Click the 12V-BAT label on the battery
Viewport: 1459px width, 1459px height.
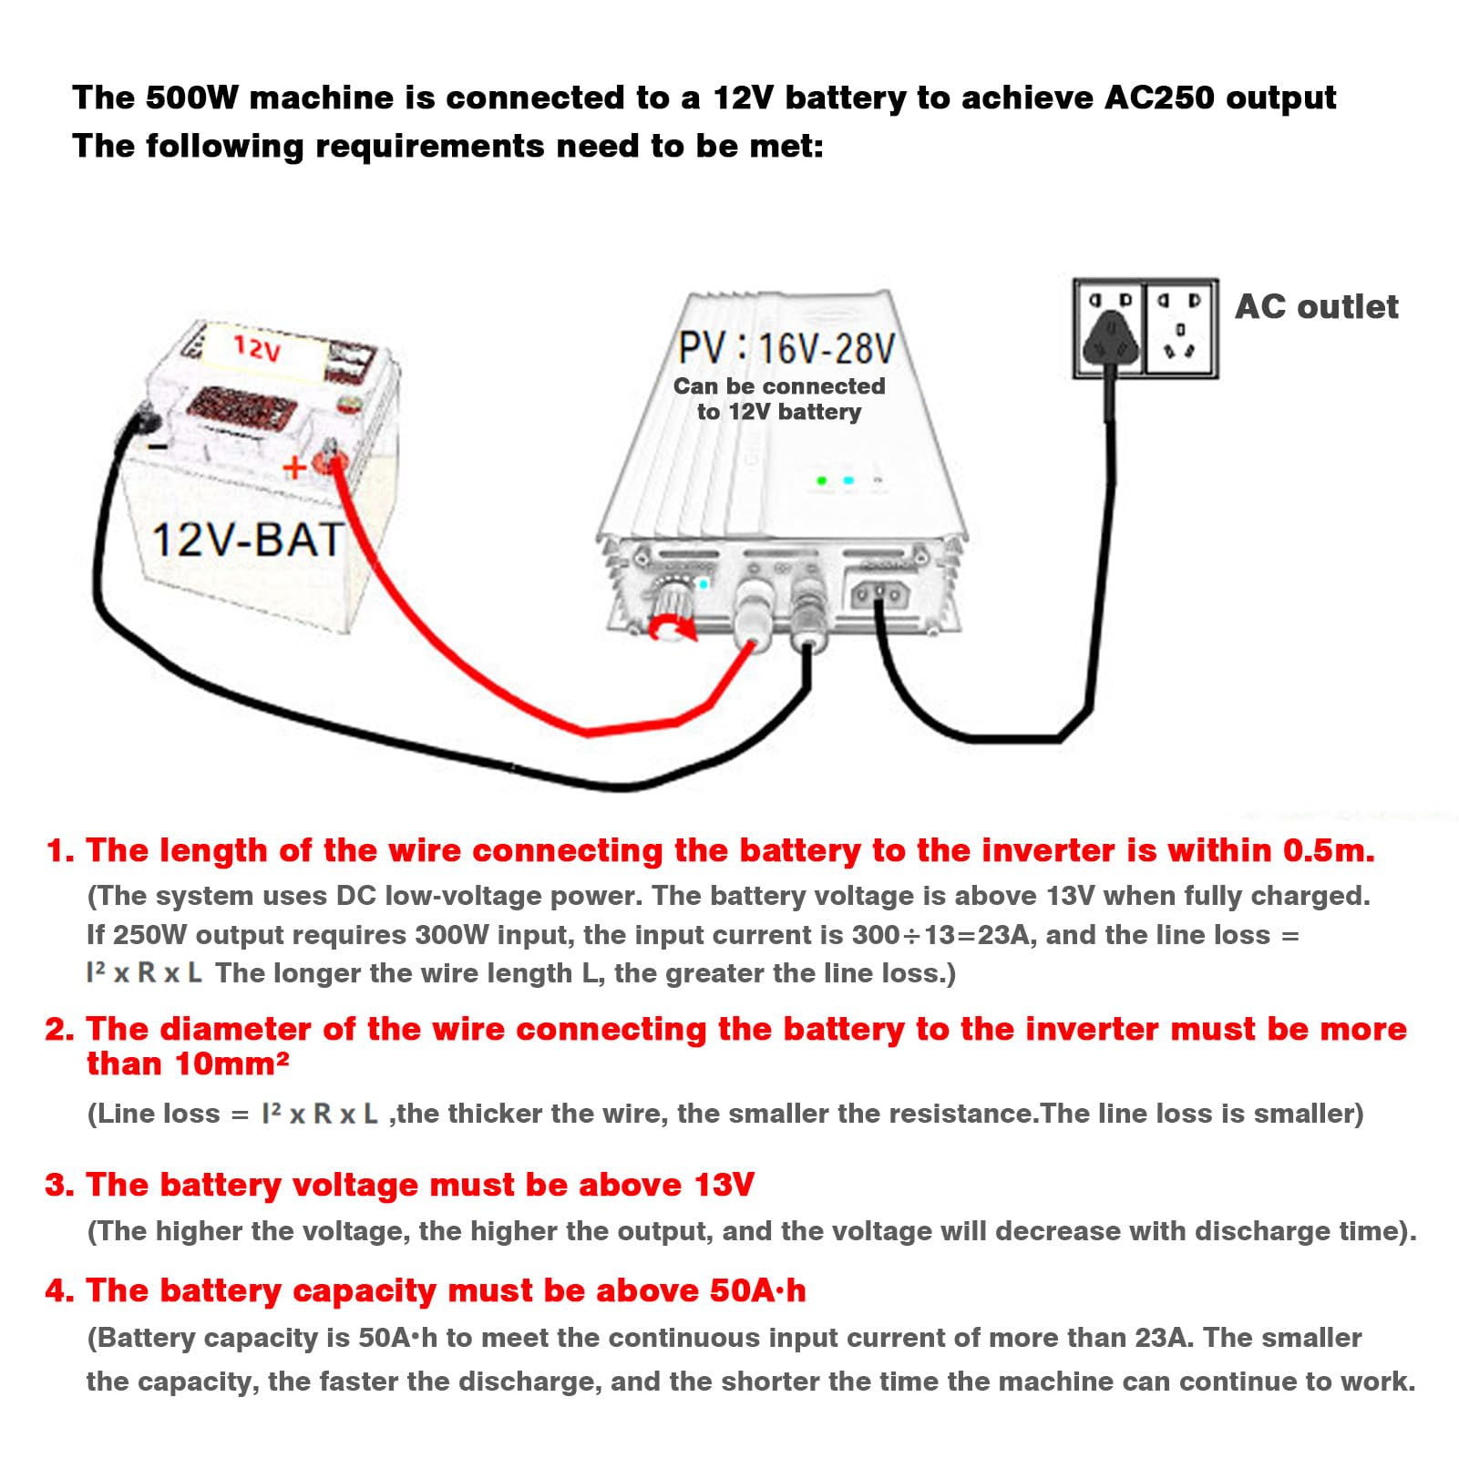247,539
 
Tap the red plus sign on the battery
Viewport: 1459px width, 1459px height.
294,467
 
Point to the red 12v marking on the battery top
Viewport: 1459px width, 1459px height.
257,347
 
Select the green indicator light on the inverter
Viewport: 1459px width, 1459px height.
822,480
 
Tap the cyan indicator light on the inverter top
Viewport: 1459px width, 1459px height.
848,480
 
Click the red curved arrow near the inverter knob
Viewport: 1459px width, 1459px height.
673,627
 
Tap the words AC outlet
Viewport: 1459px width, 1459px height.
1316,307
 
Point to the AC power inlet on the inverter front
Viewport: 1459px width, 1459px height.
879,595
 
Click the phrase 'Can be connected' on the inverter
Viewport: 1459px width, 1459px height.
779,386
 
